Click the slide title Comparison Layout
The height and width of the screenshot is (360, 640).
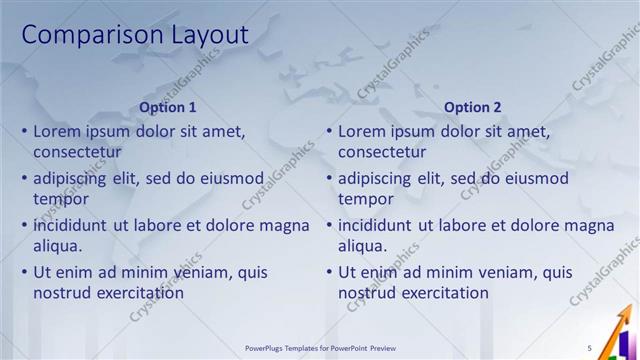(134, 35)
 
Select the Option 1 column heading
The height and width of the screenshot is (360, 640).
(168, 107)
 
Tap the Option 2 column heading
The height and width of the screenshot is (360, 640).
(473, 107)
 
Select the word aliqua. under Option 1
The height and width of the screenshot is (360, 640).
(58, 246)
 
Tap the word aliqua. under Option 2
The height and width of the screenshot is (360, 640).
(363, 246)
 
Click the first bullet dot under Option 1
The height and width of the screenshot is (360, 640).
(24, 131)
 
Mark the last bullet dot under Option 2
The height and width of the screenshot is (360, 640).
(329, 272)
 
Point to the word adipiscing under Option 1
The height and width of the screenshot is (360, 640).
(71, 178)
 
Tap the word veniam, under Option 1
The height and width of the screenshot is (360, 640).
(201, 272)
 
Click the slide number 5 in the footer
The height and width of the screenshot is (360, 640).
(590, 348)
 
